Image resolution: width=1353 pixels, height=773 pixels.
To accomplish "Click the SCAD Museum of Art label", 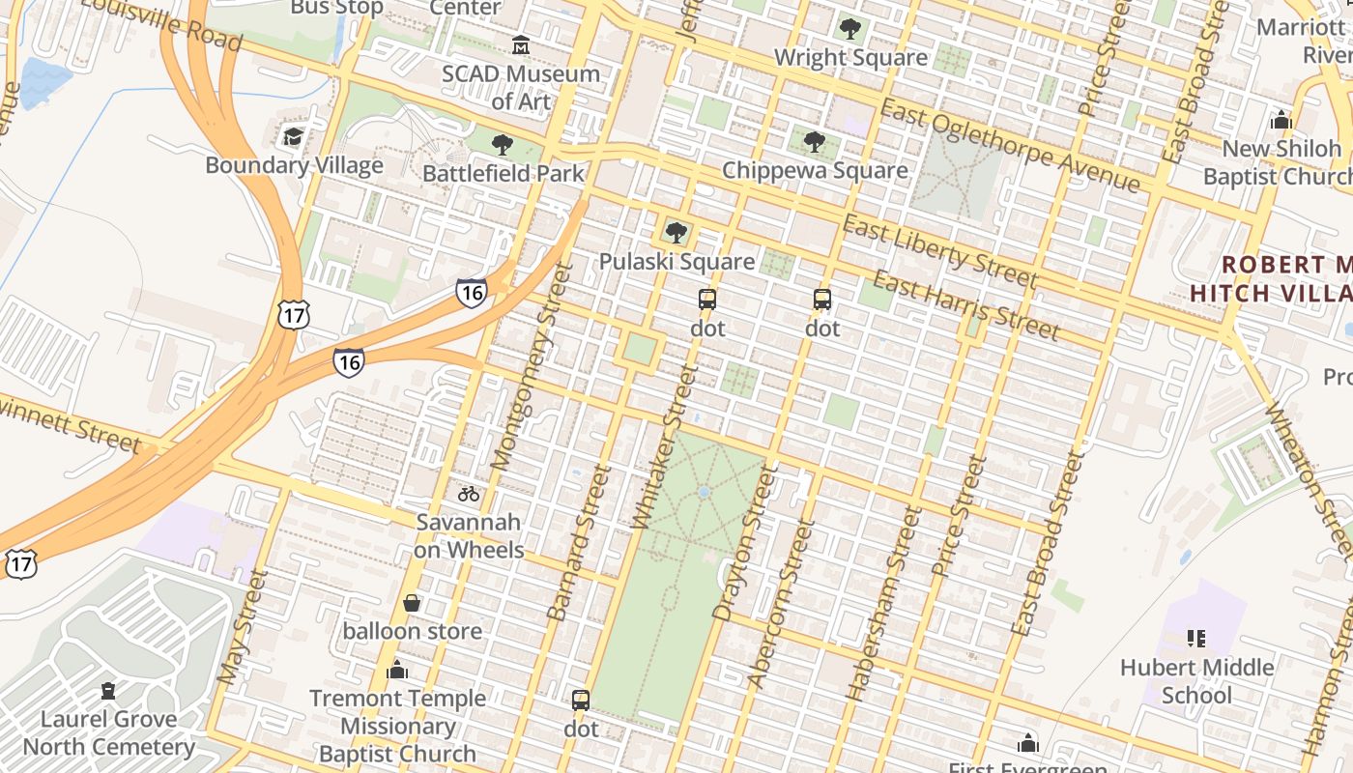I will pyautogui.click(x=521, y=87).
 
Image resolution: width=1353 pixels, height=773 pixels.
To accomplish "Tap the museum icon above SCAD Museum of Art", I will pyautogui.click(x=521, y=44).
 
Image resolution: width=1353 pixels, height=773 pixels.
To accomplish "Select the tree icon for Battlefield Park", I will pyautogui.click(x=502, y=146).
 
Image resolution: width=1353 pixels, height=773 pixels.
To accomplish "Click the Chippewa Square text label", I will pyautogui.click(x=815, y=171).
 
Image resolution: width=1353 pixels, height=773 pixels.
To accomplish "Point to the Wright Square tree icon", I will pyautogui.click(x=850, y=29).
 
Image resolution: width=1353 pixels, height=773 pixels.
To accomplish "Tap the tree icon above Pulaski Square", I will pyautogui.click(x=676, y=233).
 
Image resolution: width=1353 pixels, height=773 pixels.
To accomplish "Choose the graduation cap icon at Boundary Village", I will pyautogui.click(x=294, y=137).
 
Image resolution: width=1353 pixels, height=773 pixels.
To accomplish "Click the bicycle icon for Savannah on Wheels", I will pyautogui.click(x=469, y=494).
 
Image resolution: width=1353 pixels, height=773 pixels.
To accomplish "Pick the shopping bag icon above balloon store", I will pyautogui.click(x=412, y=604).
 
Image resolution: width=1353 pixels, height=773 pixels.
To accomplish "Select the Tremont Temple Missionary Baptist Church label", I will pyautogui.click(x=397, y=726).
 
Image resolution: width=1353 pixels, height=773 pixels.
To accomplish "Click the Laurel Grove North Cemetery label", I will pyautogui.click(x=108, y=732).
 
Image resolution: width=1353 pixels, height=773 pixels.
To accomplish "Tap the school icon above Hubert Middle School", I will pyautogui.click(x=1196, y=639).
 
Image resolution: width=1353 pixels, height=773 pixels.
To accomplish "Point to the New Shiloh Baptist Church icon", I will pyautogui.click(x=1281, y=121).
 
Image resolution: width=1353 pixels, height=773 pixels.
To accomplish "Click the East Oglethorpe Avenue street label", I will pyautogui.click(x=1010, y=147).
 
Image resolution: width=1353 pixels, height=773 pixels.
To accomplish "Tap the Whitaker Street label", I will pyautogui.click(x=664, y=446).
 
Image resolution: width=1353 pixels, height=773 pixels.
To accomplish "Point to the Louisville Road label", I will pyautogui.click(x=161, y=23).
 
